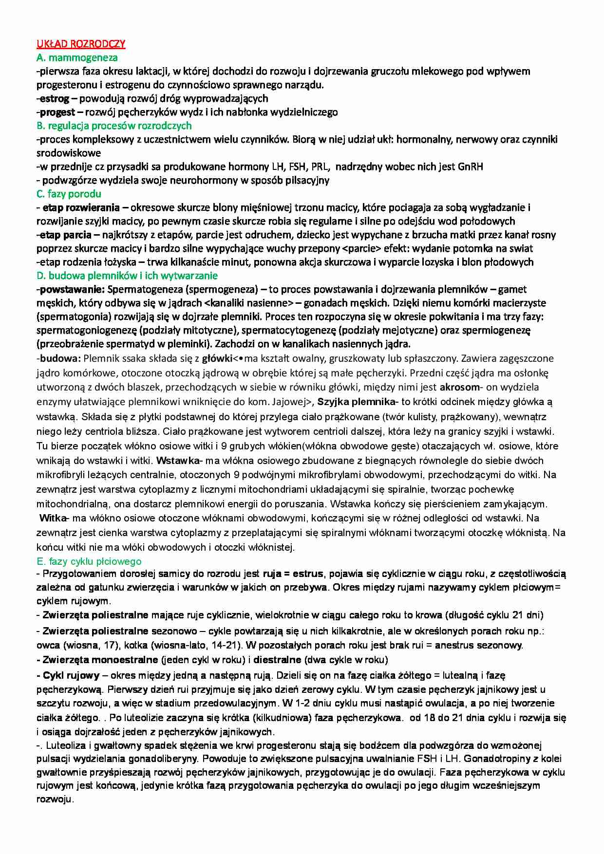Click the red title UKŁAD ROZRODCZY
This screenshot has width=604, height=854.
[81, 44]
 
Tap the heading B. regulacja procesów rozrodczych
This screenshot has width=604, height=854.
[114, 126]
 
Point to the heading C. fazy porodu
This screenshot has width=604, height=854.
[69, 194]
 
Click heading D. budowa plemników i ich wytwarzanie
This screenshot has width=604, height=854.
[127, 276]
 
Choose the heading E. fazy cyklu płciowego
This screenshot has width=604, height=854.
[89, 561]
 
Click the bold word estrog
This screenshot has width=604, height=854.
[55, 98]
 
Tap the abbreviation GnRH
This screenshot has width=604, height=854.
[470, 167]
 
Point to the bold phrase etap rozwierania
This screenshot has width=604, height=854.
[81, 207]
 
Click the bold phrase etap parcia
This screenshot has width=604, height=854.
[65, 235]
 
